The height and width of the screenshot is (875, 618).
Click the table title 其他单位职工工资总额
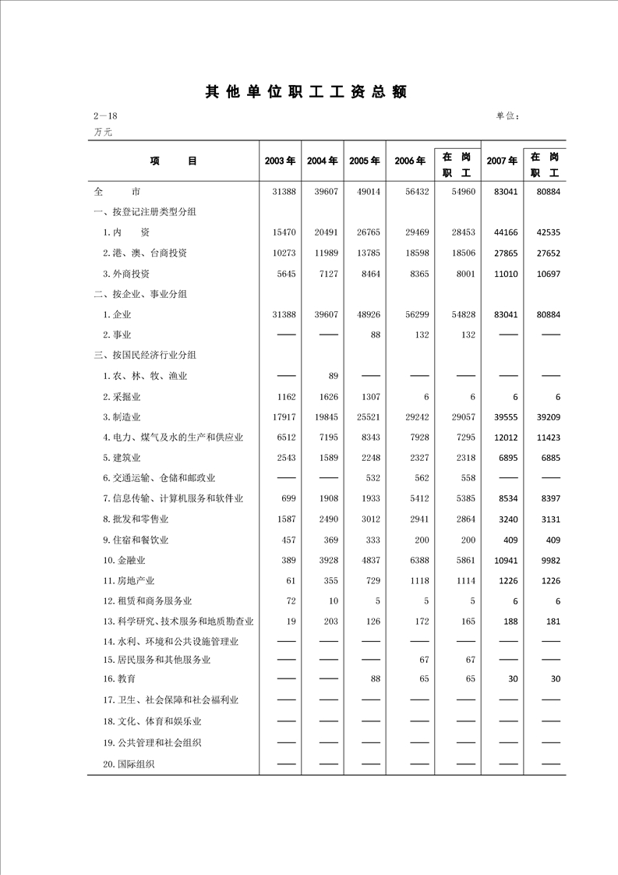306,92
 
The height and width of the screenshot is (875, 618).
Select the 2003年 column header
280,161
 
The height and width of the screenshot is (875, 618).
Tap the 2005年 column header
364,161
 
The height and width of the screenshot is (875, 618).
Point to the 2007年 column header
502,161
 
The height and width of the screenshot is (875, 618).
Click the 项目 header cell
174,161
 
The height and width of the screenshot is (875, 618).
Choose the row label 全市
116,191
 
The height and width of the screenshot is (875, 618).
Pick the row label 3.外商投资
126,274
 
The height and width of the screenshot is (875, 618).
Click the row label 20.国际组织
129,764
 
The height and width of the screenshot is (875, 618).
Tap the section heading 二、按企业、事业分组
139,294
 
